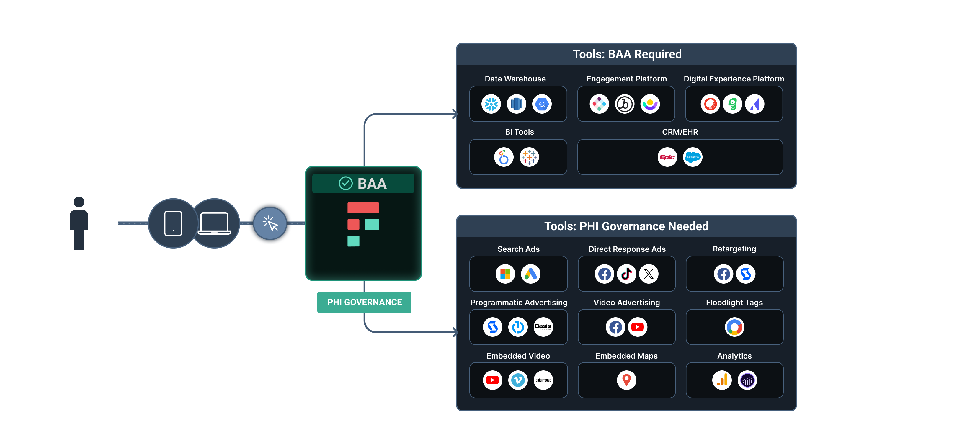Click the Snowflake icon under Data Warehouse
tap(491, 104)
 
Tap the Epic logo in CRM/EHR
tap(667, 157)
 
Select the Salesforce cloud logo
tap(692, 157)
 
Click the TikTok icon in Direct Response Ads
tap(626, 274)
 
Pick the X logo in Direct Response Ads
tap(649, 274)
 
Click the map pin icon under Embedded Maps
tap(626, 380)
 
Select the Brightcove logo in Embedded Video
tap(543, 380)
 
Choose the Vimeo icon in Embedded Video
tap(517, 380)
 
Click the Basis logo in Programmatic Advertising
tap(543, 327)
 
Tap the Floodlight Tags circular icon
tap(734, 327)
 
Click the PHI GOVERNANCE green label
tap(364, 302)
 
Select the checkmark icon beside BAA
tap(345, 183)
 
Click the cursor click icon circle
tap(270, 223)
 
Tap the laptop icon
tap(214, 223)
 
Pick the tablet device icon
tap(173, 223)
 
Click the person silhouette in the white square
tap(79, 223)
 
